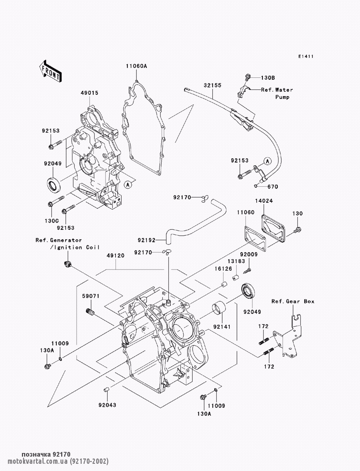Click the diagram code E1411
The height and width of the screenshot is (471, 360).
tap(306, 56)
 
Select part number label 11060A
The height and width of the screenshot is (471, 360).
tap(136, 66)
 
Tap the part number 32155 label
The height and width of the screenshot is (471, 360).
tap(212, 85)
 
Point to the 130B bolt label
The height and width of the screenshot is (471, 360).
tap(268, 78)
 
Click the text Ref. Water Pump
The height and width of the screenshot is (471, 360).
tap(277, 93)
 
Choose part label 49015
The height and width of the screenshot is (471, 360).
tap(90, 93)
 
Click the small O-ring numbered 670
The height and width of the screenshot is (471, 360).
tap(256, 186)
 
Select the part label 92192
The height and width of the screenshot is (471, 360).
tap(147, 240)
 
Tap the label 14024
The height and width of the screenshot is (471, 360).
tap(264, 201)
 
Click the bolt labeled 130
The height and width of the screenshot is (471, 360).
tap(298, 230)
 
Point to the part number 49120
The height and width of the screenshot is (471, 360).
tap(116, 255)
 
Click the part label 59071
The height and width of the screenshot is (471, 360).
tap(91, 296)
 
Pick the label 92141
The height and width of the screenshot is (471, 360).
tap(222, 327)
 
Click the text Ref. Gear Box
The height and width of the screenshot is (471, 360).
tap(293, 302)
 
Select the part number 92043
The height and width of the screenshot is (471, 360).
tap(107, 405)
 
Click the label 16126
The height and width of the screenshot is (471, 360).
tap(224, 269)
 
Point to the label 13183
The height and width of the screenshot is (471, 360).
tap(237, 261)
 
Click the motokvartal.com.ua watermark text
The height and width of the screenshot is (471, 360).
tap(58, 461)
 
